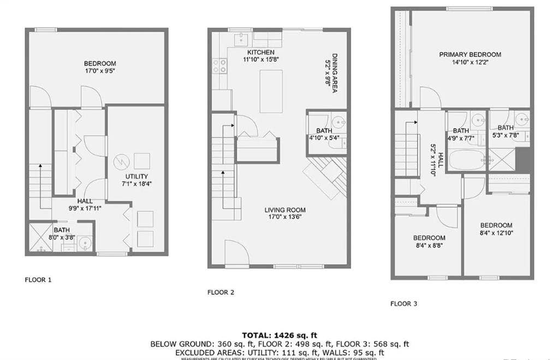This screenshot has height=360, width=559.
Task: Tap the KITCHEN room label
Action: click(x=256, y=52)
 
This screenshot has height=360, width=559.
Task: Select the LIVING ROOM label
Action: click(x=285, y=210)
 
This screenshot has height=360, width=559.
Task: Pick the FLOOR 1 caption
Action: click(x=38, y=280)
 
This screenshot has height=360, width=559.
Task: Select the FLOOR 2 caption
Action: click(x=221, y=292)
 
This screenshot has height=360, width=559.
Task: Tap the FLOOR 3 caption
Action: click(x=403, y=303)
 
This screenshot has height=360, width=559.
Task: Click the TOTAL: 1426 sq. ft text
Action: click(x=279, y=335)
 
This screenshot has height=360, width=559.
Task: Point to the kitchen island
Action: click(x=271, y=91)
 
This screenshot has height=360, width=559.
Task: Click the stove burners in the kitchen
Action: click(x=220, y=66)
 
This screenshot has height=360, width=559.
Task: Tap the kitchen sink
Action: click(x=241, y=39)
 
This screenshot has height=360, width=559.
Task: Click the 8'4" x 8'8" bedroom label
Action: click(x=429, y=238)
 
